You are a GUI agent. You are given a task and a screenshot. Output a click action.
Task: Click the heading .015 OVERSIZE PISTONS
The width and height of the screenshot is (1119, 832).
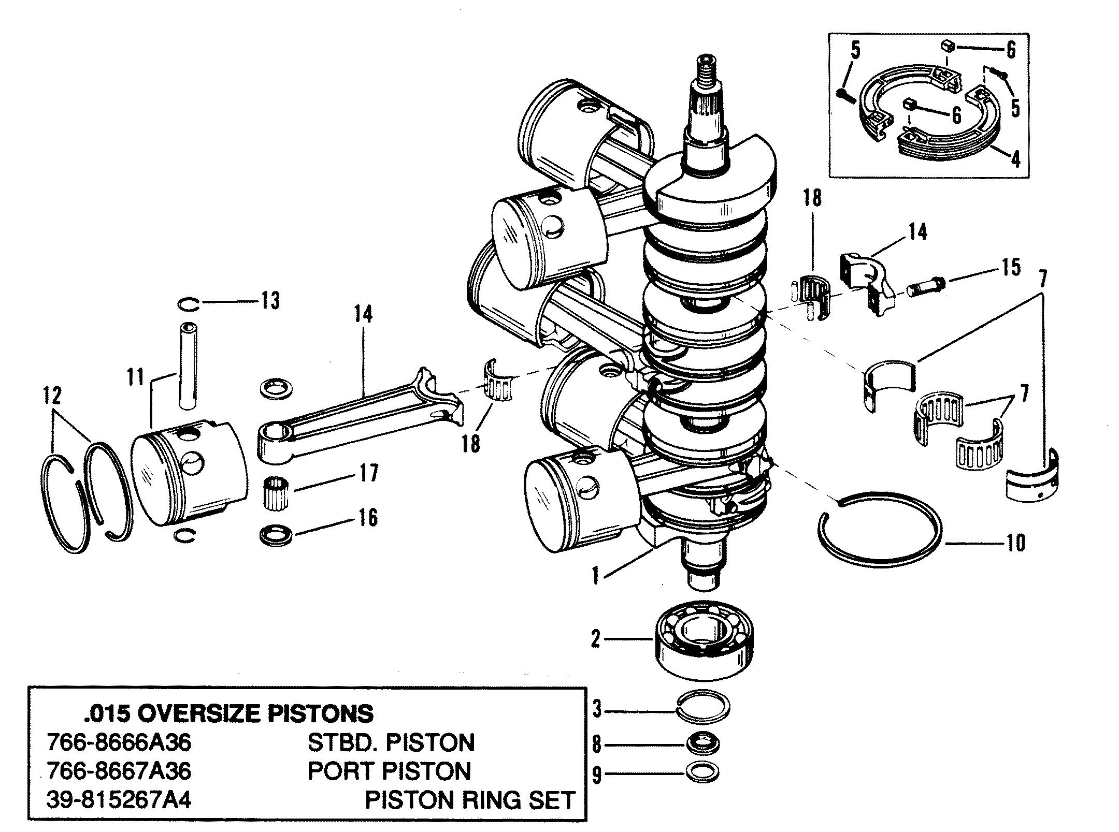click(x=228, y=714)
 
